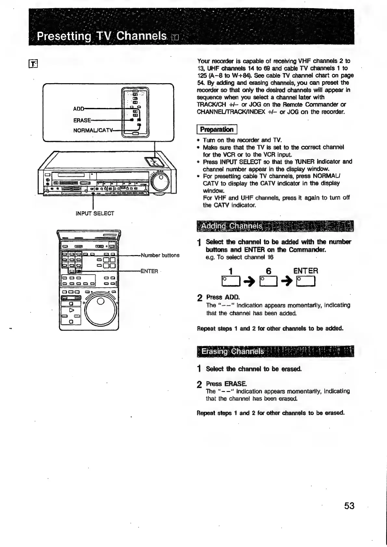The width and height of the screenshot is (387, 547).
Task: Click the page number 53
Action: point(349,506)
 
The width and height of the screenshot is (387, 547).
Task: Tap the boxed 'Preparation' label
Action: point(217,129)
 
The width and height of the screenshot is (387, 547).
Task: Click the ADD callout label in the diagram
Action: point(79,109)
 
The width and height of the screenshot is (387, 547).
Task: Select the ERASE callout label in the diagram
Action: point(82,120)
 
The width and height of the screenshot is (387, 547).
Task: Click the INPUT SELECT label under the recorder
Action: point(95,214)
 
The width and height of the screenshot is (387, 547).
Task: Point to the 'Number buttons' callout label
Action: point(160,255)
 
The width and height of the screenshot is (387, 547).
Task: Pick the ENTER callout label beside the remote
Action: point(149,271)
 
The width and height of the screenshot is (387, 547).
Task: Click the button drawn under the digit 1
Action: point(230,281)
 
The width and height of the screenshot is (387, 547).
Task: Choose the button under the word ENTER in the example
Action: point(306,281)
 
